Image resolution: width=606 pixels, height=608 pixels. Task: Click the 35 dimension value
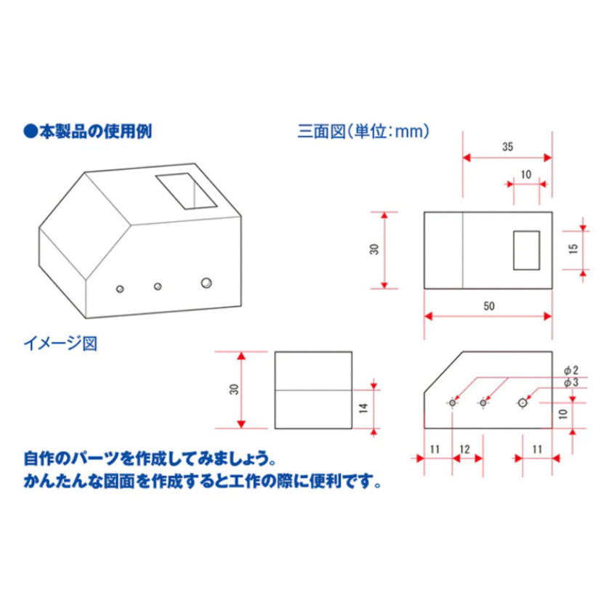pos(507,147)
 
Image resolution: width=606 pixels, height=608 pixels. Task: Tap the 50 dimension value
pos(489,306)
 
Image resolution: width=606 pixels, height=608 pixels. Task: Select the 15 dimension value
pos(573,248)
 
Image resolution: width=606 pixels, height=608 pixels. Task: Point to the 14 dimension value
pos(363,408)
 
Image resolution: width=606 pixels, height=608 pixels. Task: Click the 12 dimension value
pos(465,449)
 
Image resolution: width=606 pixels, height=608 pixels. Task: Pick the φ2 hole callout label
pos(570,370)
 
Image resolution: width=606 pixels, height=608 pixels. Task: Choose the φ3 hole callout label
pos(570,382)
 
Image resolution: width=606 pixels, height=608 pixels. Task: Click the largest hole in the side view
pos(522,403)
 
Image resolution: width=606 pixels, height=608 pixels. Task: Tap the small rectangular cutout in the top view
pos(527,251)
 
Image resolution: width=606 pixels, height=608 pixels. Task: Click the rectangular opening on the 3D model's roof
pos(186,191)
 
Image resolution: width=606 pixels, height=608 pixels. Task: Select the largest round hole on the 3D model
pos(206,283)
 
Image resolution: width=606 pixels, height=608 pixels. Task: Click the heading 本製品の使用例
pos(95,131)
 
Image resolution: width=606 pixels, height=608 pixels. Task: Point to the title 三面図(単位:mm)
pos(363,131)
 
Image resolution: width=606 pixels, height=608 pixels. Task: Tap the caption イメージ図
pos(60,343)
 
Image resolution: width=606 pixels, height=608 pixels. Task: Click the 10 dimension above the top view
pos(526,174)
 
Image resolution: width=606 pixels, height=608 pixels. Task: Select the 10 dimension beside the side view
pos(563,414)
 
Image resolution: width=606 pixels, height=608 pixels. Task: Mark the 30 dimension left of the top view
pos(374,249)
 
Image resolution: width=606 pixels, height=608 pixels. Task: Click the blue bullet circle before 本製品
pos(31,131)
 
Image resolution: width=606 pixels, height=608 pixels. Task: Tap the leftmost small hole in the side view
pos(453,403)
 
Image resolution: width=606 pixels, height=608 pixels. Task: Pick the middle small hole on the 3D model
pos(158,286)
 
